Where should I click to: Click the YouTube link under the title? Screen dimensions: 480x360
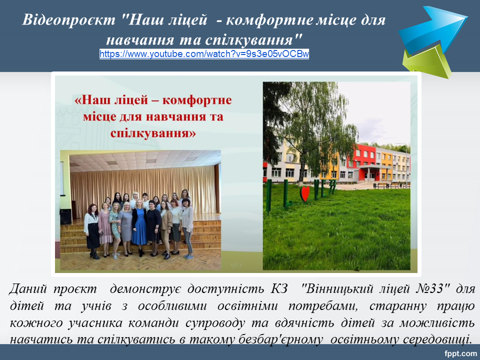[204, 54]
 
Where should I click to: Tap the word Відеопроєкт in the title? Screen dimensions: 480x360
[69, 20]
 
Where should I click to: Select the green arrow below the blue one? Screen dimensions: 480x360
[426, 61]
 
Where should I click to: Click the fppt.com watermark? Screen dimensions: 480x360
[460, 353]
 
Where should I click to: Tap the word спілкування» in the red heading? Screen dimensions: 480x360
[153, 133]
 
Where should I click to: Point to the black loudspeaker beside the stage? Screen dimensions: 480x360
[66, 216]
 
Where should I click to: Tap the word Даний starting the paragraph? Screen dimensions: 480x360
[28, 288]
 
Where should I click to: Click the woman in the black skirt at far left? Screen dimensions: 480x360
[92, 231]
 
